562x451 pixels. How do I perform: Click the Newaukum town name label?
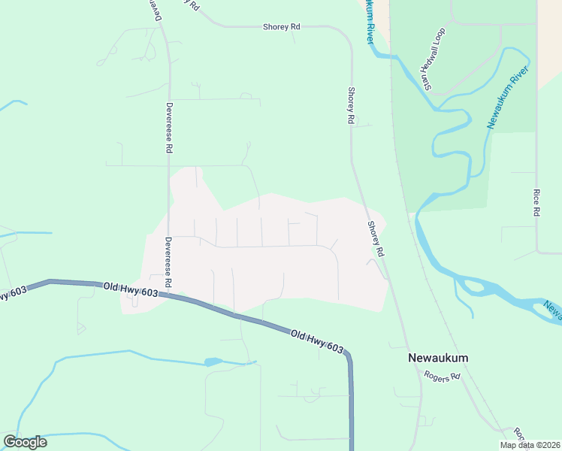tap(437, 358)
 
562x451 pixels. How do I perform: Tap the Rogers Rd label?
tap(441, 376)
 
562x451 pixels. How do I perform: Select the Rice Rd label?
tap(536, 202)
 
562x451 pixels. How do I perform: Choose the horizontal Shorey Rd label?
tap(282, 26)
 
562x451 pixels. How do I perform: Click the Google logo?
tap(25, 442)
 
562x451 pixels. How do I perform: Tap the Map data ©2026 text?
tap(529, 445)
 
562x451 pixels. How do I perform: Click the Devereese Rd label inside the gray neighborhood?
tap(169, 262)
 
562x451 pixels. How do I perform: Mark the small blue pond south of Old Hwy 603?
tap(213, 362)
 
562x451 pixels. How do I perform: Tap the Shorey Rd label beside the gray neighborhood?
tap(376, 239)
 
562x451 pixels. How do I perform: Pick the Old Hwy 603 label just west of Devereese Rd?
tap(131, 289)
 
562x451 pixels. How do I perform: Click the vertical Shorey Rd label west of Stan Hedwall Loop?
tap(350, 104)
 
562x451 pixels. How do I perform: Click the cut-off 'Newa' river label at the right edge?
tap(552, 308)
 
